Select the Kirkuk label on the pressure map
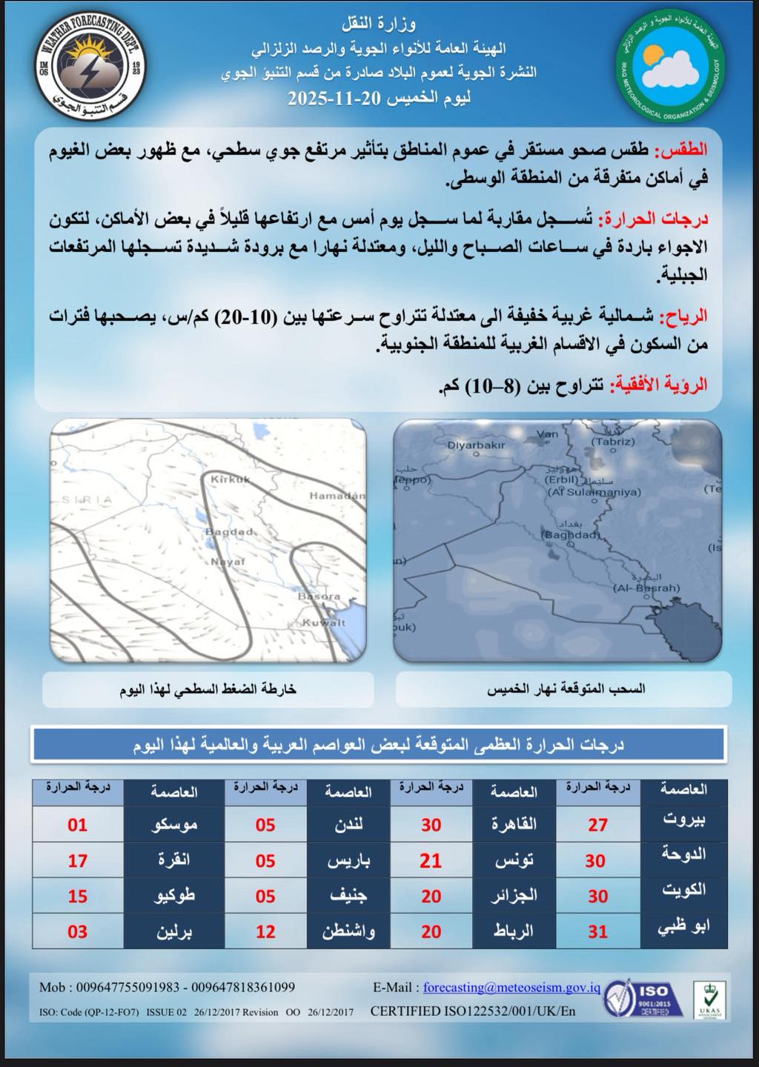tap(231, 480)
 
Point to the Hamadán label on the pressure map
tap(337, 495)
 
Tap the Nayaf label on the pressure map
tap(228, 562)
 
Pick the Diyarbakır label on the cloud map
tap(476, 445)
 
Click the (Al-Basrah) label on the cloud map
tap(646, 588)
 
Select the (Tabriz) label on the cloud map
tap(613, 442)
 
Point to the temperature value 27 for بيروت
tap(597, 825)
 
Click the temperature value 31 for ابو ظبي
tap(597, 931)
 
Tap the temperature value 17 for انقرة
tap(78, 861)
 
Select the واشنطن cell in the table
tap(348, 931)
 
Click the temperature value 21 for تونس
tap(431, 861)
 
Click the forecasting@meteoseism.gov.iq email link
tap(511, 988)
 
